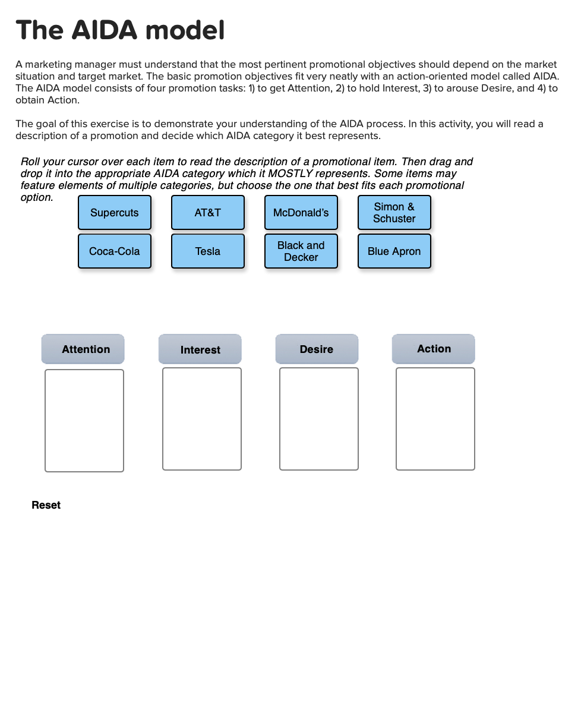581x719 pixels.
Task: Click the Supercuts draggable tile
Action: pos(115,213)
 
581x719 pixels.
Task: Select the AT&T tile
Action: pos(208,213)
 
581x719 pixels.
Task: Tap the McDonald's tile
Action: pos(301,213)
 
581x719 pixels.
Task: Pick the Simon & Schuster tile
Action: pos(394,213)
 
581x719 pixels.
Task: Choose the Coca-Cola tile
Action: pos(115,251)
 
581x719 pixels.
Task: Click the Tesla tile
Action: pos(208,251)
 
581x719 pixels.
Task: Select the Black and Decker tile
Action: pos(301,251)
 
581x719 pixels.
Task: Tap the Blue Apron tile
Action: pos(394,251)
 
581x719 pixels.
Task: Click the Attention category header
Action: pos(83,349)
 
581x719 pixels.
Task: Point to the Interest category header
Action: pos(200,349)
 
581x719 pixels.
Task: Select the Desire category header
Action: pos(317,349)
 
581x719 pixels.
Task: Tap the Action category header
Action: pos(434,349)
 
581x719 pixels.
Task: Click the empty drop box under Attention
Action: pos(84,421)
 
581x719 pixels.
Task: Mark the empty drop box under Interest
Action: pos(202,419)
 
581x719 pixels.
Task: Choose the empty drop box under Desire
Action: pos(319,419)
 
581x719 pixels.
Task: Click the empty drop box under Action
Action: pos(435,419)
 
